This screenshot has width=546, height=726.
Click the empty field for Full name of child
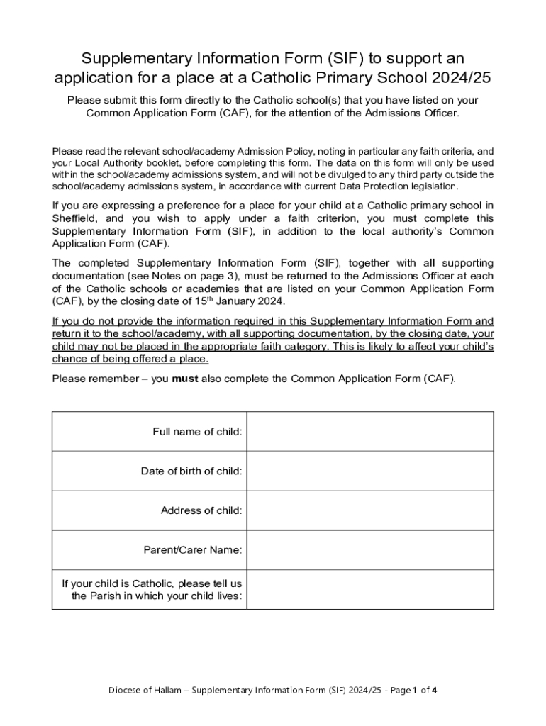click(x=369, y=431)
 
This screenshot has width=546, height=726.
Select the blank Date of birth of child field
click(x=369, y=471)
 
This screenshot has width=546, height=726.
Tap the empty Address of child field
click(x=369, y=510)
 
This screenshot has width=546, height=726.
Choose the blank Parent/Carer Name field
click(x=369, y=549)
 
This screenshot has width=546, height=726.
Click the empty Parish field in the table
click(x=369, y=589)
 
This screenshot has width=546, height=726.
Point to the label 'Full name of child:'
click(x=197, y=431)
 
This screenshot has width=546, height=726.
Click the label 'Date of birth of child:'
click(x=191, y=471)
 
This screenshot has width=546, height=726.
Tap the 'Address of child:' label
click(x=201, y=510)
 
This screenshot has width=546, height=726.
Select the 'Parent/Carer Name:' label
click(x=193, y=549)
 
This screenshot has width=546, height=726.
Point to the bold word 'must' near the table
click(x=184, y=379)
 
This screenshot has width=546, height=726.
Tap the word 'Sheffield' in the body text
click(x=76, y=218)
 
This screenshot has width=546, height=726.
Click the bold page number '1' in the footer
click(x=416, y=690)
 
